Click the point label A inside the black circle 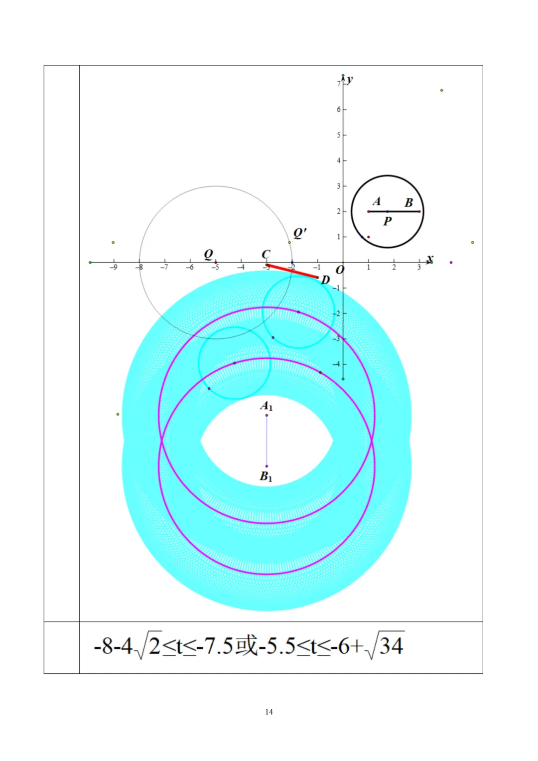click(x=377, y=201)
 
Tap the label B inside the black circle click(x=408, y=202)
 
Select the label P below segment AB click(x=387, y=221)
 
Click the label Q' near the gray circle click(x=300, y=233)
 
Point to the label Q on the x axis click(x=209, y=254)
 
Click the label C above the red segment click(x=266, y=254)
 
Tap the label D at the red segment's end click(x=325, y=280)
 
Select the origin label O click(x=340, y=270)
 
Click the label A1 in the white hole click(x=267, y=406)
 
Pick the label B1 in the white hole click(x=266, y=476)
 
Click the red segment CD click(x=292, y=271)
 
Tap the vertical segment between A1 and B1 click(x=267, y=441)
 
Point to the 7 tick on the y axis click(x=339, y=84)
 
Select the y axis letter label click(x=350, y=79)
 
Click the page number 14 click(x=269, y=712)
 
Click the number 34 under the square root click(x=391, y=646)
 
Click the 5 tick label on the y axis click(x=339, y=135)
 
